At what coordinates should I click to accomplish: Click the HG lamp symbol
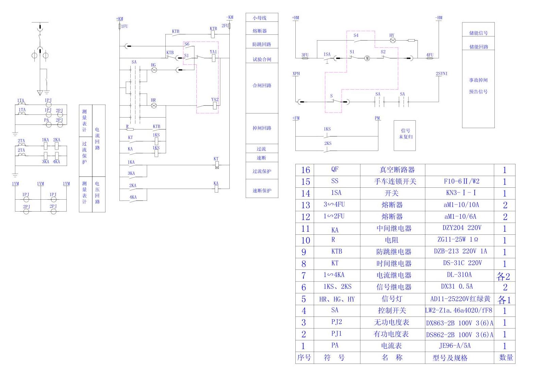click(x=154, y=70)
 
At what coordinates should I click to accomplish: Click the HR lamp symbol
click(x=154, y=106)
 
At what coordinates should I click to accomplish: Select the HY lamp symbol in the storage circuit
click(x=392, y=40)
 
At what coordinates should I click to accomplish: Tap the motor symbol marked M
click(x=367, y=58)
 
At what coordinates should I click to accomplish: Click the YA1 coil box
click(x=214, y=58)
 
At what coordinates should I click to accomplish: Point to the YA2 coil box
click(x=215, y=106)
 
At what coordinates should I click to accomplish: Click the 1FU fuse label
click(x=125, y=26)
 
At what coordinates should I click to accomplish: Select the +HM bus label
click(x=295, y=18)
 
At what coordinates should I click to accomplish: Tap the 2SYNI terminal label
click(x=441, y=74)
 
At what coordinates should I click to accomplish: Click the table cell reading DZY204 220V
click(x=459, y=228)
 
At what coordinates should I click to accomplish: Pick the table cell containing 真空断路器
click(x=392, y=170)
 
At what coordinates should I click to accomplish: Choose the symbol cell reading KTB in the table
click(x=336, y=251)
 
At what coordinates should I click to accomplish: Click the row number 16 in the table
click(x=305, y=170)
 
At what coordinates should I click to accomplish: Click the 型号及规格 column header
click(x=450, y=358)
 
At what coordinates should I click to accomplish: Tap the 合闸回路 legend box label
click(x=262, y=86)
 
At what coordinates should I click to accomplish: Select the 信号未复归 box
click(x=405, y=134)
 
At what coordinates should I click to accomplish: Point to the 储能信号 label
click(x=478, y=33)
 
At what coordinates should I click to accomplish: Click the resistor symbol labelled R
click(x=130, y=129)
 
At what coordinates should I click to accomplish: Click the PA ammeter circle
click(x=49, y=125)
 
